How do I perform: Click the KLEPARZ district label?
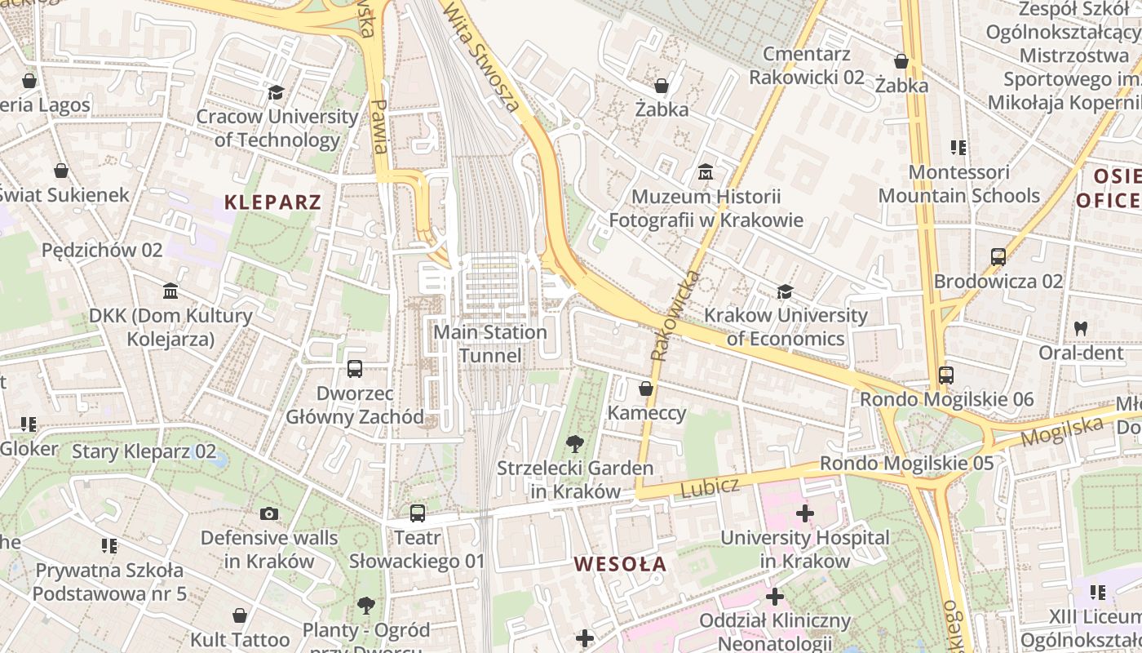click(272, 202)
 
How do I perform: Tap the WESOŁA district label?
click(620, 564)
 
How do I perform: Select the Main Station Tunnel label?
click(489, 344)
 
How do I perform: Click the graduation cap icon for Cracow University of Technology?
click(276, 92)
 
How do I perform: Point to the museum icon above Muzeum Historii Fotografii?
click(706, 172)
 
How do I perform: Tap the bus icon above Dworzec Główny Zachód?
click(354, 368)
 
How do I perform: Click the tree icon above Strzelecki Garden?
click(575, 444)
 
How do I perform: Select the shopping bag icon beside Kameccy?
click(645, 389)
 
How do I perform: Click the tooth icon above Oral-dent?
click(1081, 328)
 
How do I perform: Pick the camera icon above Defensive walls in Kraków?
click(268, 513)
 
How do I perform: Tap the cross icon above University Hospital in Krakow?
click(804, 513)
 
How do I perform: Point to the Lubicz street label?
click(710, 487)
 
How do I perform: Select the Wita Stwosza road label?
click(481, 55)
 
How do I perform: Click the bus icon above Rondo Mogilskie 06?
click(945, 375)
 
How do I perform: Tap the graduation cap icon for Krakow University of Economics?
click(785, 291)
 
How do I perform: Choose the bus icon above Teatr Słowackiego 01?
click(417, 513)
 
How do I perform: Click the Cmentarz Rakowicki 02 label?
click(806, 65)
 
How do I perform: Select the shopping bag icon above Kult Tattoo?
click(240, 615)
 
